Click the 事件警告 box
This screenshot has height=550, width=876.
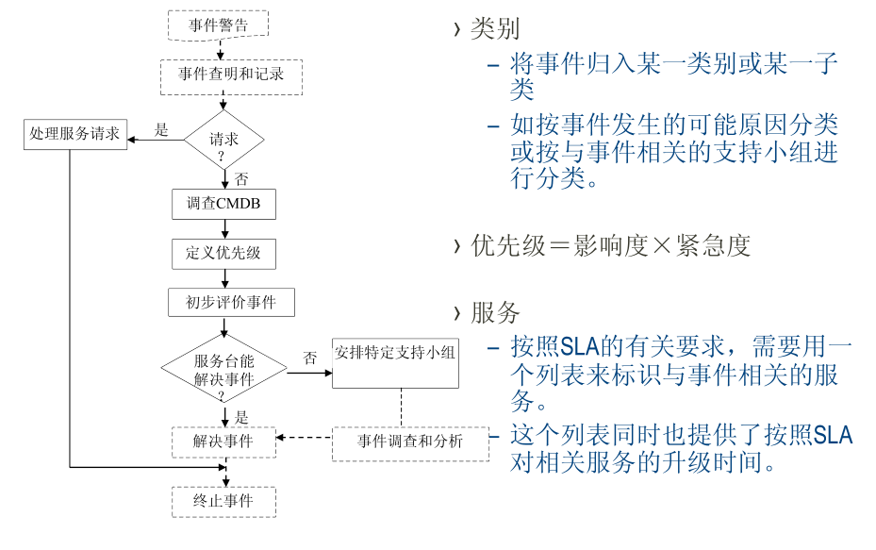(x=218, y=25)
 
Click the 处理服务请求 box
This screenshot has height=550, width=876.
(x=75, y=134)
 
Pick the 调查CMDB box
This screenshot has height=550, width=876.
(x=223, y=204)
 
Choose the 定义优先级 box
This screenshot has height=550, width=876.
(x=223, y=254)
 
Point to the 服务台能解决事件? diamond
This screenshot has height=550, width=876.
(x=223, y=371)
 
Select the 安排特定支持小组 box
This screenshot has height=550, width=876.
(x=395, y=361)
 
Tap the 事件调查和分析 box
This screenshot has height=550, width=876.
(x=410, y=442)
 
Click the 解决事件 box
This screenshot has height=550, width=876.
(x=223, y=441)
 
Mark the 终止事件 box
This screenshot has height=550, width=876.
(x=223, y=501)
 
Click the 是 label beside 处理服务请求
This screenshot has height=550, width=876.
(x=161, y=130)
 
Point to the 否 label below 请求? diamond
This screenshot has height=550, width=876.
(x=241, y=179)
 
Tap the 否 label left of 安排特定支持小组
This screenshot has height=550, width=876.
(x=309, y=358)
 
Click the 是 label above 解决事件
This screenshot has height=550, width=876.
(x=241, y=416)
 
